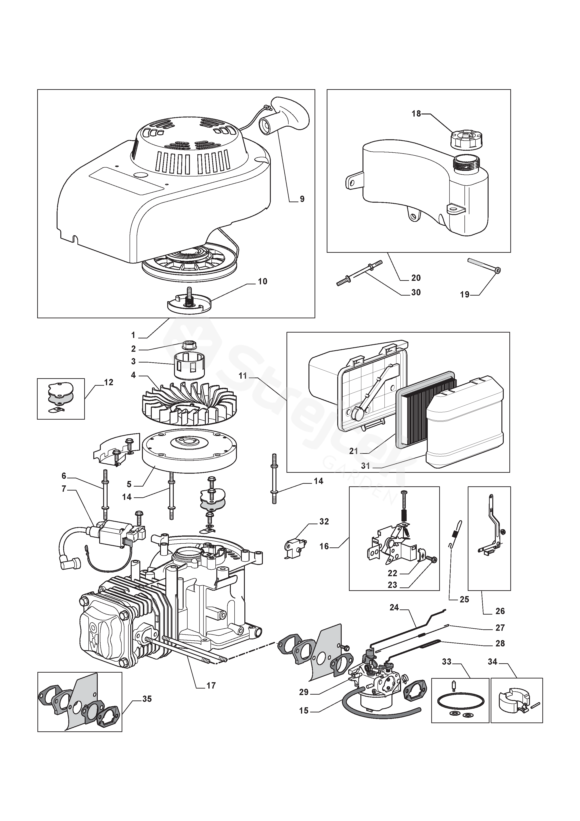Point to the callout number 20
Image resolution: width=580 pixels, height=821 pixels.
416,278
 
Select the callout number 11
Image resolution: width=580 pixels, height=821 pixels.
243,376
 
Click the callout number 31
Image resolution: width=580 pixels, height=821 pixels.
365,466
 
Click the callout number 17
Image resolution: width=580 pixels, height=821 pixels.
211,685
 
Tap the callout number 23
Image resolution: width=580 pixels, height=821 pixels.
392,585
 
